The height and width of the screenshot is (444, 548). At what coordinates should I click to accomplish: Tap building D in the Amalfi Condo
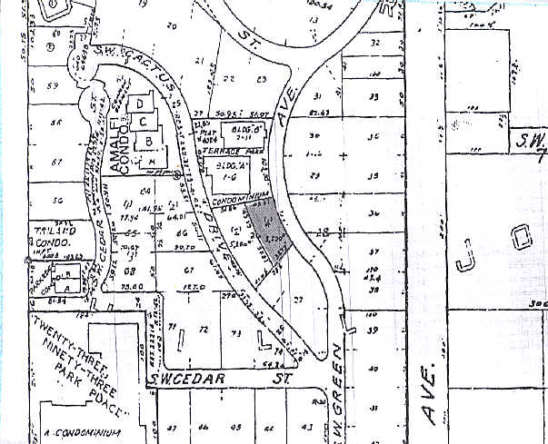(142, 104)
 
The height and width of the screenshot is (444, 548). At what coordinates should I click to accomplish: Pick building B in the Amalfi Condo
(147, 141)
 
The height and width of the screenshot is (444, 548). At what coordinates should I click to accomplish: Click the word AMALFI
(115, 128)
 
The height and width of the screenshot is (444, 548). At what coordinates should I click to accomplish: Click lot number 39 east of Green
(372, 330)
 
